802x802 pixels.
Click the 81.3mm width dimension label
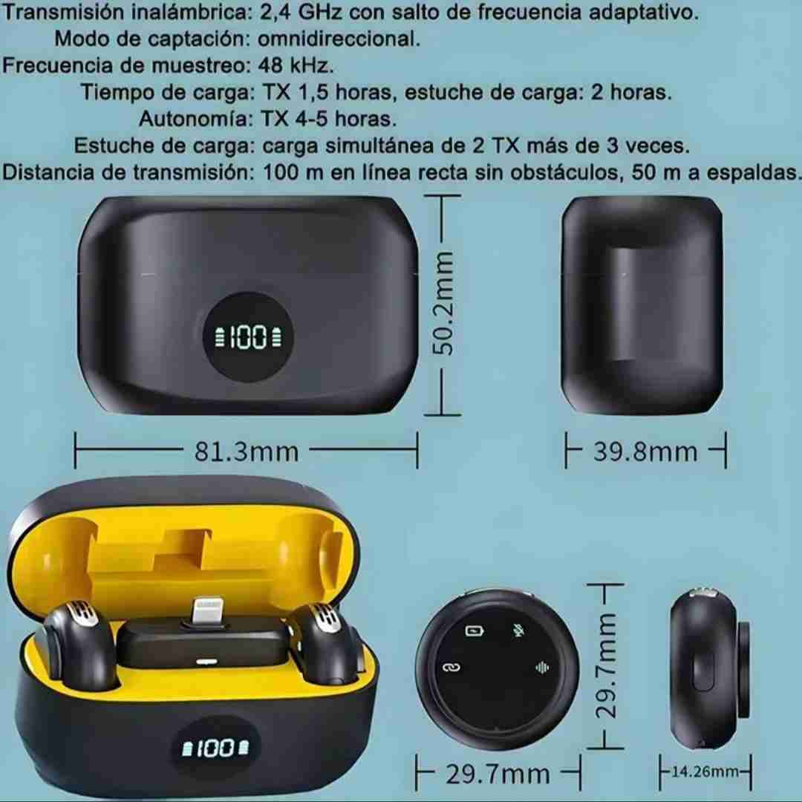coord(247,451)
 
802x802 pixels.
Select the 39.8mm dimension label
coord(645,451)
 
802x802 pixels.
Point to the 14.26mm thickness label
coord(705,772)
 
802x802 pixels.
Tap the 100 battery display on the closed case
coord(249,339)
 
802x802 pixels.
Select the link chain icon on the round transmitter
coord(451,667)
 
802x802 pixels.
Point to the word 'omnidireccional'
coord(339,38)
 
